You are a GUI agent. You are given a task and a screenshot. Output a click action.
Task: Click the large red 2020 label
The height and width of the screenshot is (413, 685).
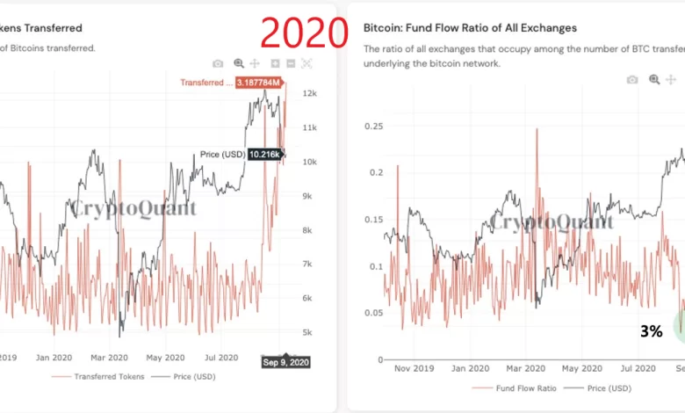(x=304, y=33)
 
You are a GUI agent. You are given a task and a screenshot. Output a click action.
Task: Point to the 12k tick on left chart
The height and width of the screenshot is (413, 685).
(x=308, y=93)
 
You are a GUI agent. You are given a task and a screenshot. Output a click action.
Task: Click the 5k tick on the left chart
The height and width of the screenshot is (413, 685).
(x=307, y=332)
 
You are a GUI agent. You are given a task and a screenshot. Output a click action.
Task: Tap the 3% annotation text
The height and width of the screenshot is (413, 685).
(x=651, y=331)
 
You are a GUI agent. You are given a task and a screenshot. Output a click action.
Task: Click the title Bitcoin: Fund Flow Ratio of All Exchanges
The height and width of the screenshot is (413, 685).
(x=470, y=28)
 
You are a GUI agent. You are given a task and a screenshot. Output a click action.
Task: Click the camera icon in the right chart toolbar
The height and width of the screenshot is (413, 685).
(x=631, y=80)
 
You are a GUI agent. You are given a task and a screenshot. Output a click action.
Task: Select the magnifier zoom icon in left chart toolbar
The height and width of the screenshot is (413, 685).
(x=239, y=63)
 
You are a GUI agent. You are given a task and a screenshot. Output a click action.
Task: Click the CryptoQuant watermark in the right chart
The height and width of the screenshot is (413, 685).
(x=552, y=221)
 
